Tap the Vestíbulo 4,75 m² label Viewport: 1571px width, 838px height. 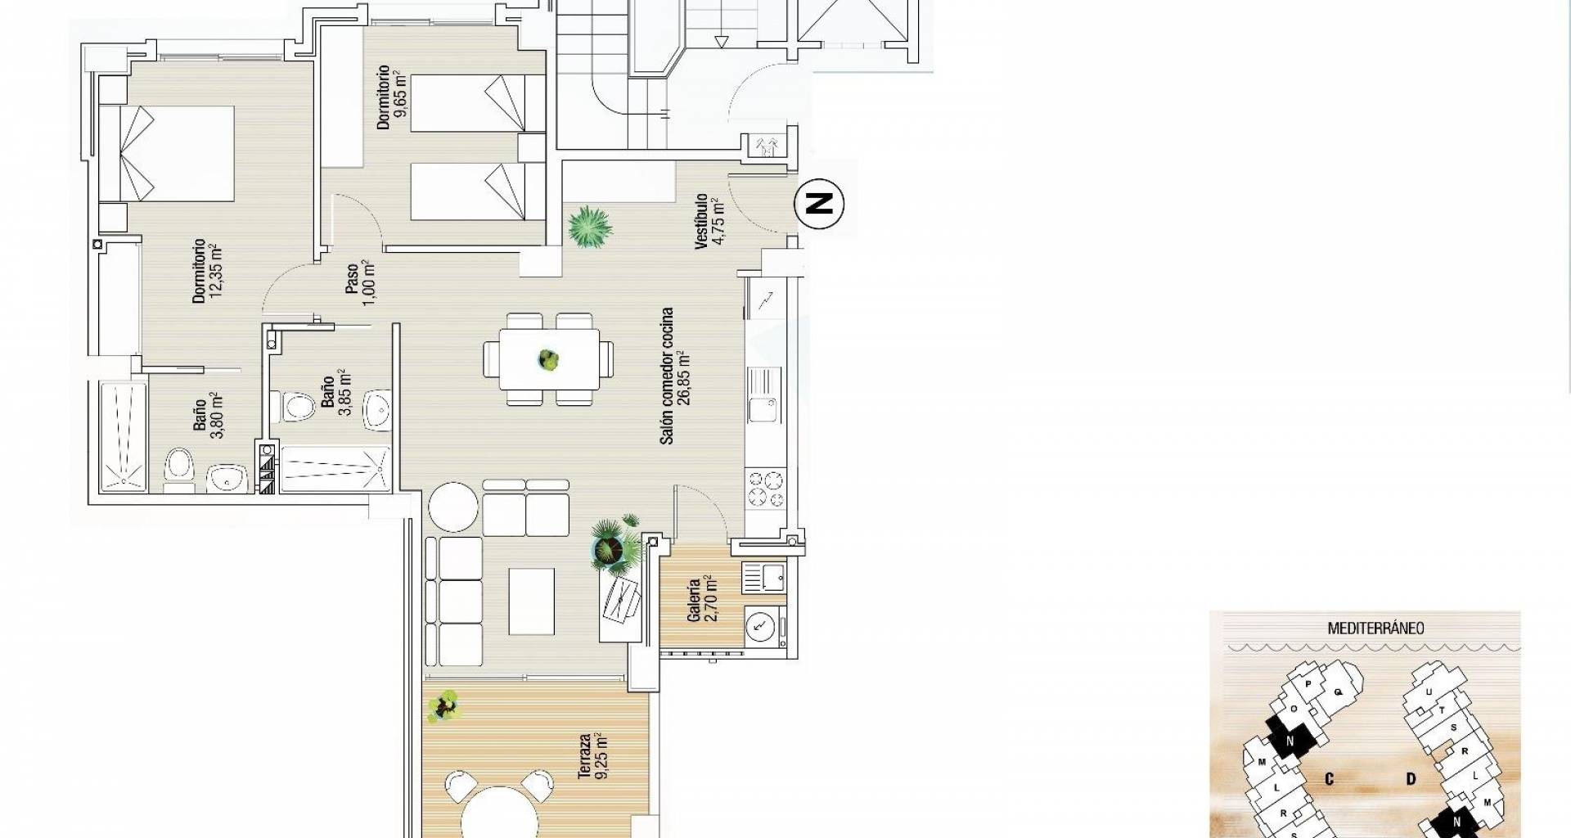tap(708, 221)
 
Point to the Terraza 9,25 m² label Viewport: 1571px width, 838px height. tap(593, 755)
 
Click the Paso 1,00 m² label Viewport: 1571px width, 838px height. tap(360, 283)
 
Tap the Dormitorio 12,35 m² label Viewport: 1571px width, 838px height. tap(206, 271)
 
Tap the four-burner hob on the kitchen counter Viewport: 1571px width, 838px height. tap(765, 489)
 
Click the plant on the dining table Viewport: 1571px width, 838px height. tap(548, 359)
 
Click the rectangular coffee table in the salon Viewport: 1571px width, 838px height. tap(531, 601)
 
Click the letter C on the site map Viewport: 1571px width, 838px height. tap(1330, 779)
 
